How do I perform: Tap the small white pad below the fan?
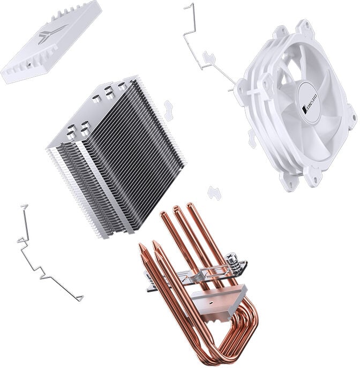pyautogui.click(x=215, y=192)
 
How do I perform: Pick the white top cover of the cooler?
pyautogui.click(x=51, y=40)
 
